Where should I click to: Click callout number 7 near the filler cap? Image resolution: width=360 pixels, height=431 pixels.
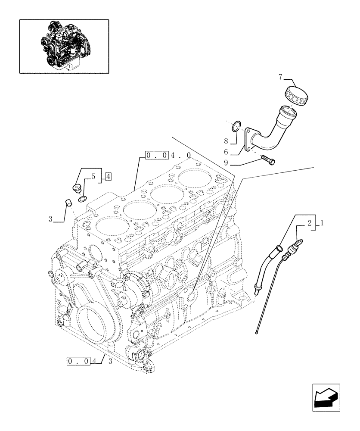pos(280,78)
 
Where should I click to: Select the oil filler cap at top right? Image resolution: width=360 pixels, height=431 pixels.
pos(295,94)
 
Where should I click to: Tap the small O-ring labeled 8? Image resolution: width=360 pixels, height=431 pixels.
pos(235,126)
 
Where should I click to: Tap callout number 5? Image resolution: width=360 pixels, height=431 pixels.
pos(93,177)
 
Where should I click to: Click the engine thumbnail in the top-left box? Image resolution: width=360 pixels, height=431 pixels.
pos(64,46)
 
